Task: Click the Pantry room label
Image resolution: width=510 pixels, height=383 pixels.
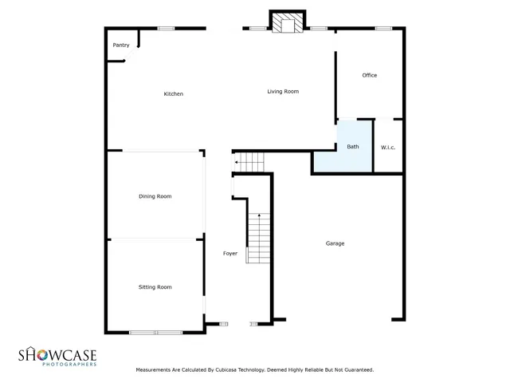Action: tap(121, 45)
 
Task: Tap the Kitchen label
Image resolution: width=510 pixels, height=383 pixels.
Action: tap(174, 94)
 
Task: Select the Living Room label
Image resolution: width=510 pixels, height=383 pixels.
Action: tap(283, 92)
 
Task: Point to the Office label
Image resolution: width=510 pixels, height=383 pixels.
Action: tap(369, 76)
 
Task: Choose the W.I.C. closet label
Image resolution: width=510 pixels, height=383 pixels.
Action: tap(388, 147)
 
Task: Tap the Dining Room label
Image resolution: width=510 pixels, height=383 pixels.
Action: tap(155, 196)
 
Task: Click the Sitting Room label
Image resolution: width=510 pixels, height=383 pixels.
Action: tap(155, 287)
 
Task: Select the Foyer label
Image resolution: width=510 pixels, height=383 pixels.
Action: tap(230, 254)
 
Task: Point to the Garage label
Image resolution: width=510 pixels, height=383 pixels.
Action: tap(335, 243)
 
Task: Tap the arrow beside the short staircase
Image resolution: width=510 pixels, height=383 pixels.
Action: tap(237, 164)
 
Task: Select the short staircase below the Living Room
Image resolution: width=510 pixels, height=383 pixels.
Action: tap(252, 162)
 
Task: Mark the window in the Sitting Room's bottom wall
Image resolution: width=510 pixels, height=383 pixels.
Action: tap(156, 332)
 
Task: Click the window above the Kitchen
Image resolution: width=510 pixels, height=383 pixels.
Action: tap(166, 29)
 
